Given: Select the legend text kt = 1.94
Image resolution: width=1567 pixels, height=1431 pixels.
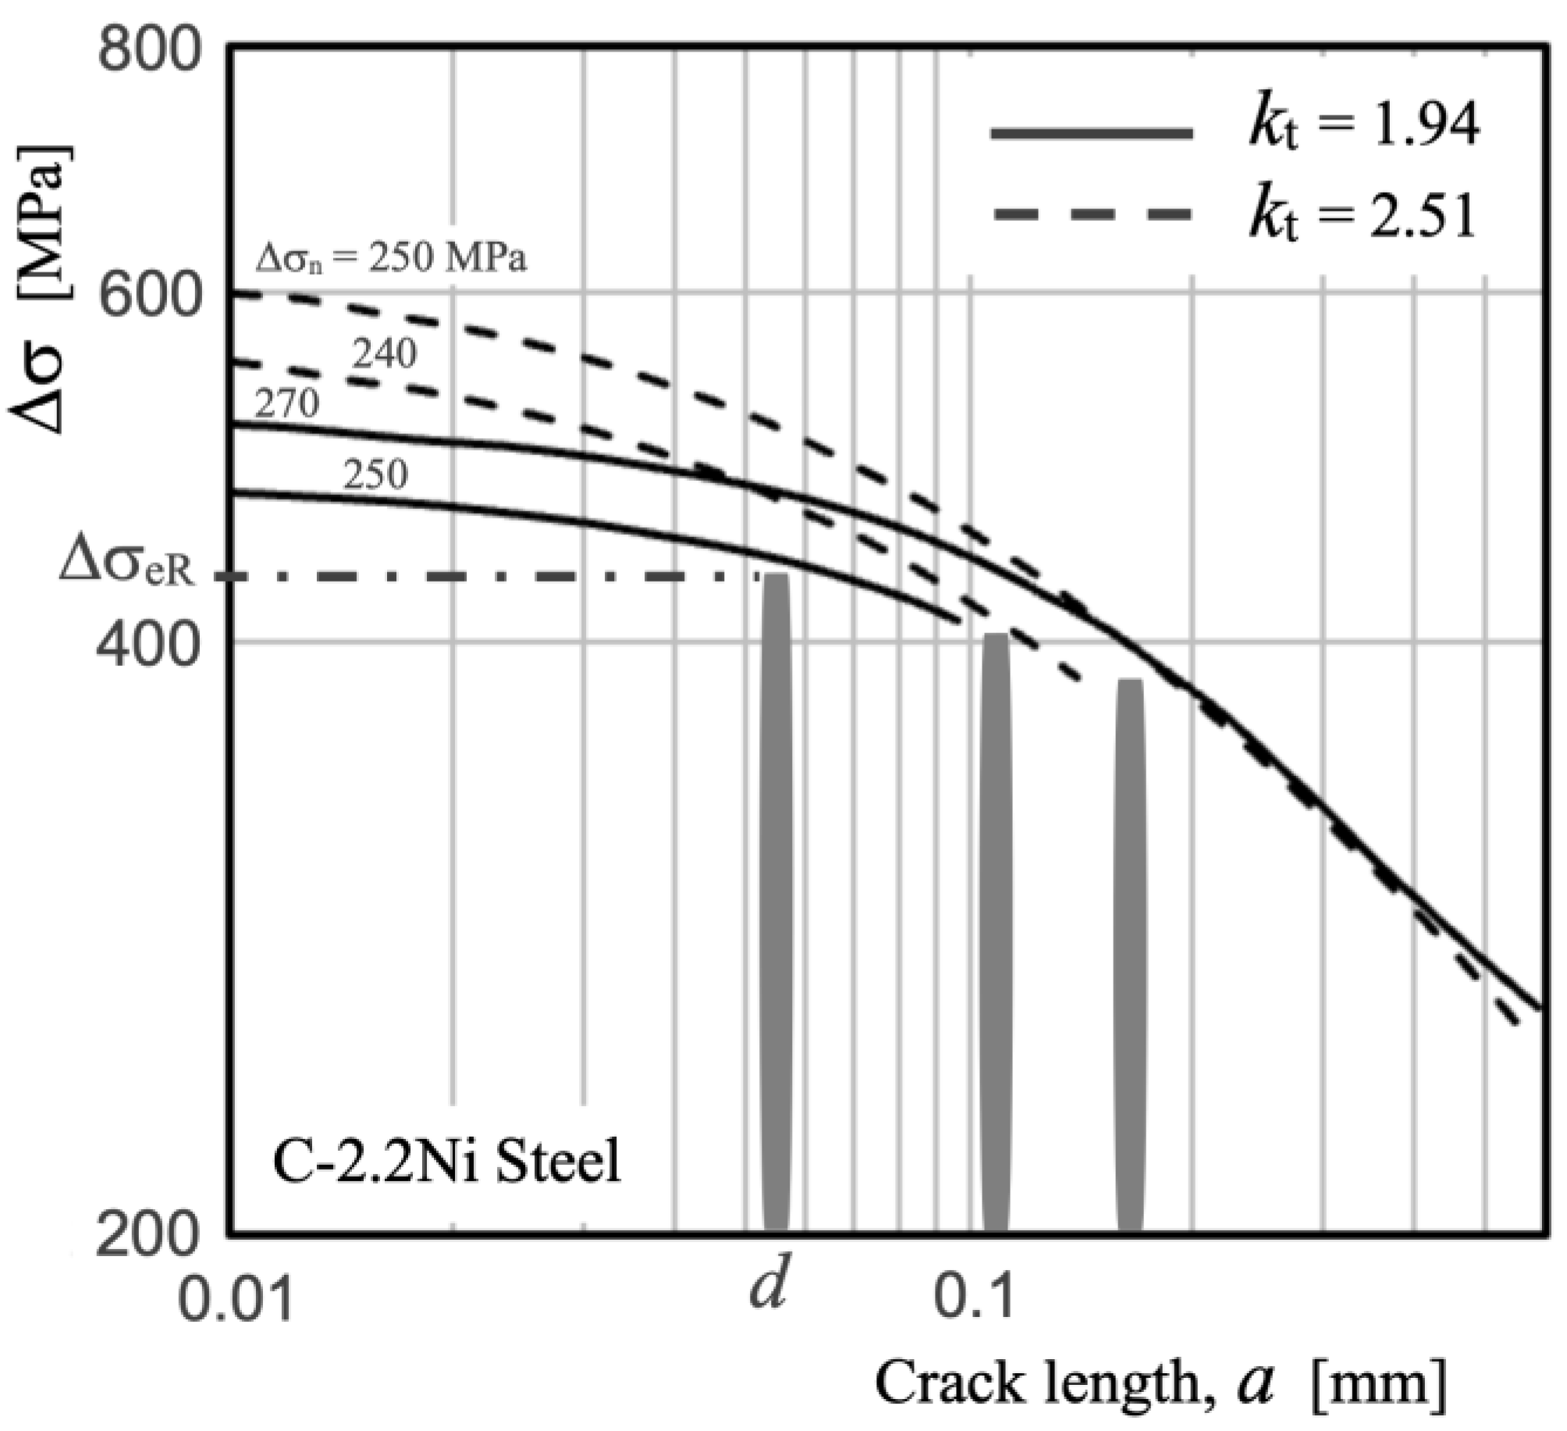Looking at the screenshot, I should tap(1362, 127).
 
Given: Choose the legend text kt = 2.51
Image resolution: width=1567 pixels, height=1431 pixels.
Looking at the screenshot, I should tap(1362, 217).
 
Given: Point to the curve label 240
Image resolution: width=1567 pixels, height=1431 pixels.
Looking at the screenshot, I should tap(384, 355).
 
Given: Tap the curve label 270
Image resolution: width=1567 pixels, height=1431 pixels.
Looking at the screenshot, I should tap(287, 404).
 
